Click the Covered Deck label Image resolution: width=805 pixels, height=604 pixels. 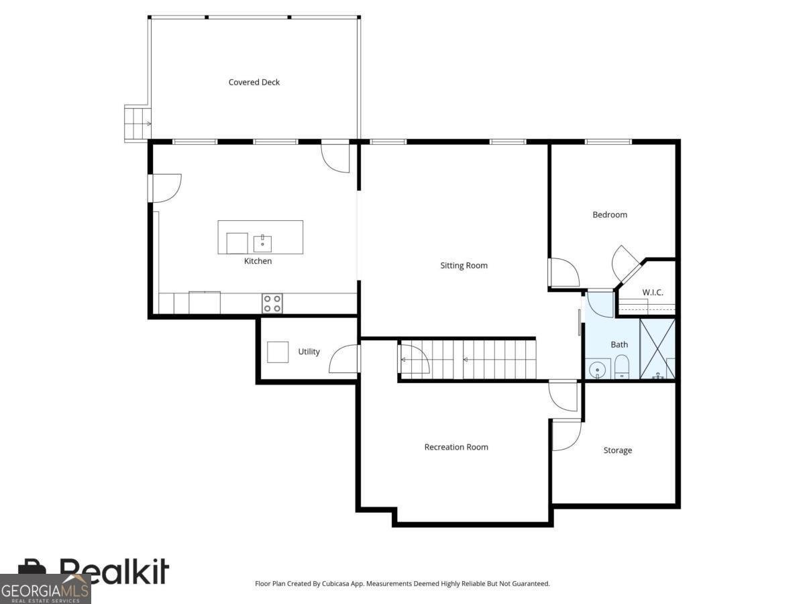254,82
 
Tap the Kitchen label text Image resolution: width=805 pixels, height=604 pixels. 258,261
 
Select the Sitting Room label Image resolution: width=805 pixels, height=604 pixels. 464,266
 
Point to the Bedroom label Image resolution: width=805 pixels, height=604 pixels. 610,215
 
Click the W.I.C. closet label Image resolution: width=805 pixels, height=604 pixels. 653,293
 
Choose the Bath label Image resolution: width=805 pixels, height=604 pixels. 619,345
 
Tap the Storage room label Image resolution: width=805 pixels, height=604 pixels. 618,450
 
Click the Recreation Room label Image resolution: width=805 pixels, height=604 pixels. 456,447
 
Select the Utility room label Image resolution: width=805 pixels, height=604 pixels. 309,352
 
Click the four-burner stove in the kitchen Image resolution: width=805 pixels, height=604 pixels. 272,303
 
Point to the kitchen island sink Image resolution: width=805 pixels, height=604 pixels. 262,244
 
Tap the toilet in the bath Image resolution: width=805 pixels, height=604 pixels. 622,366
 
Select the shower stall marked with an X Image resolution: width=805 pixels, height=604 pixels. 657,349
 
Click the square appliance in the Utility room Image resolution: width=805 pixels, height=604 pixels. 278,352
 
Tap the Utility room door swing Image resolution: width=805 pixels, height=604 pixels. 343,358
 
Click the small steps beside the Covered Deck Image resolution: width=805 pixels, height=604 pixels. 138,123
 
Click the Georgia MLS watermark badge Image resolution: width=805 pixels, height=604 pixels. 45,589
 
